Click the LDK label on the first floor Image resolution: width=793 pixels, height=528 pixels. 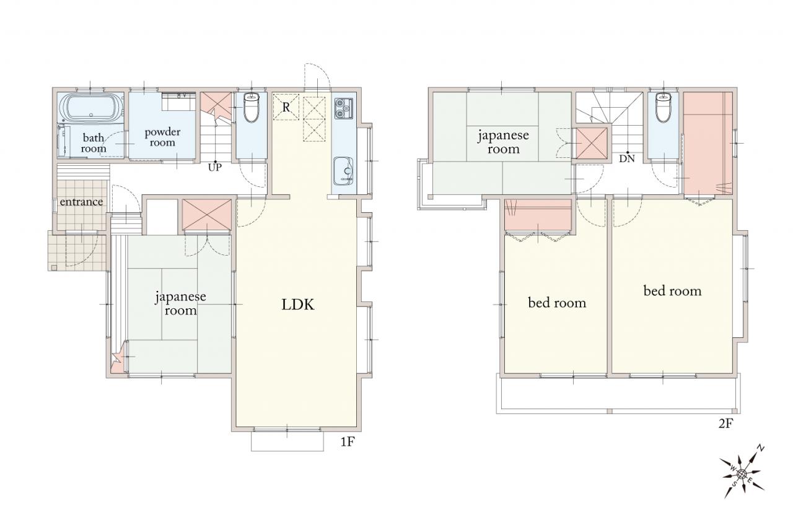(298, 305)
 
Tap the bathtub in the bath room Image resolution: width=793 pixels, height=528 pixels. (91, 107)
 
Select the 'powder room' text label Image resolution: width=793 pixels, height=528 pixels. (162, 137)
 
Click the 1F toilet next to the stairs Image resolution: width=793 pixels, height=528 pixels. (252, 107)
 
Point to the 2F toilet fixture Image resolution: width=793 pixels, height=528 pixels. (663, 107)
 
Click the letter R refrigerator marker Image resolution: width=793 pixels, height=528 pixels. (286, 107)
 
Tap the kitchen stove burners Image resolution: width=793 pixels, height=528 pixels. (343, 108)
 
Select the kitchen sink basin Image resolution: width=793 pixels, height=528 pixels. (343, 171)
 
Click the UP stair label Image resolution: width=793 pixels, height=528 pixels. (214, 167)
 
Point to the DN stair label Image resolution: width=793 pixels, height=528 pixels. (627, 159)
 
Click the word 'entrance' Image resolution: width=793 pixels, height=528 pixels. (81, 202)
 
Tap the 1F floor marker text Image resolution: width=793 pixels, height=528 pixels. (348, 442)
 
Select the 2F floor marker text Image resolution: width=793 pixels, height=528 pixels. (725, 423)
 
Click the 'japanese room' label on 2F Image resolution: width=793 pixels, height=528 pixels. (503, 142)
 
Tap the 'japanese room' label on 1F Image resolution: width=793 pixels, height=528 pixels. (180, 303)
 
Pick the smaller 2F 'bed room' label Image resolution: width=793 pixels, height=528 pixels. (557, 303)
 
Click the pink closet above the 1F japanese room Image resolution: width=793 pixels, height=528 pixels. (207, 215)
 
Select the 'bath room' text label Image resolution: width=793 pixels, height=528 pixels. (93, 143)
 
